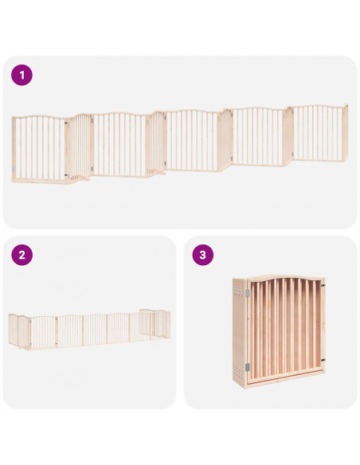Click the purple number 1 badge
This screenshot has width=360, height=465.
click(x=22, y=76)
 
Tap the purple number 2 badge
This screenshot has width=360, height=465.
click(x=22, y=255)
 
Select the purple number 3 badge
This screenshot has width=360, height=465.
click(x=203, y=255)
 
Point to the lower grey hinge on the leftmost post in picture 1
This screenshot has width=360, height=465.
click(x=14, y=170)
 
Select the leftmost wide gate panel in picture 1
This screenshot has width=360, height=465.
click(x=39, y=149)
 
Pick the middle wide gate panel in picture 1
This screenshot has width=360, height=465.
click(x=192, y=141)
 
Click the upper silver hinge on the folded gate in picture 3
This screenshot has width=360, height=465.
click(x=248, y=293)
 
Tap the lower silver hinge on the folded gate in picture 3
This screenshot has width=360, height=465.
click(x=248, y=367)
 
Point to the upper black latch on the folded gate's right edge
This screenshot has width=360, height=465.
click(x=323, y=286)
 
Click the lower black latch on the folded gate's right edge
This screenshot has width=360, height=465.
click(x=323, y=361)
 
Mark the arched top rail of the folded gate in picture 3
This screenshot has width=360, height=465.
click(x=285, y=278)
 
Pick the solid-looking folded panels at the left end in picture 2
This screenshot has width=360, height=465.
click(x=19, y=330)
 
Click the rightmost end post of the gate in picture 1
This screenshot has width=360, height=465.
click(x=345, y=132)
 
